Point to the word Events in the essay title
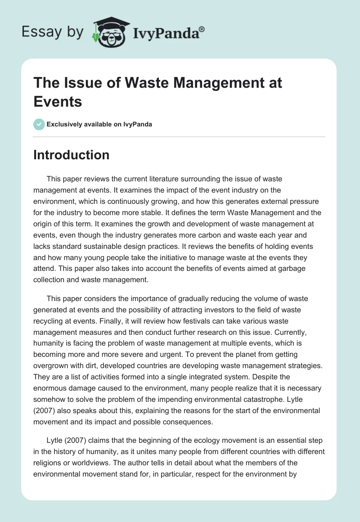coord(58,102)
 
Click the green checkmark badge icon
coord(39,124)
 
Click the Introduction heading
coord(71,155)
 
